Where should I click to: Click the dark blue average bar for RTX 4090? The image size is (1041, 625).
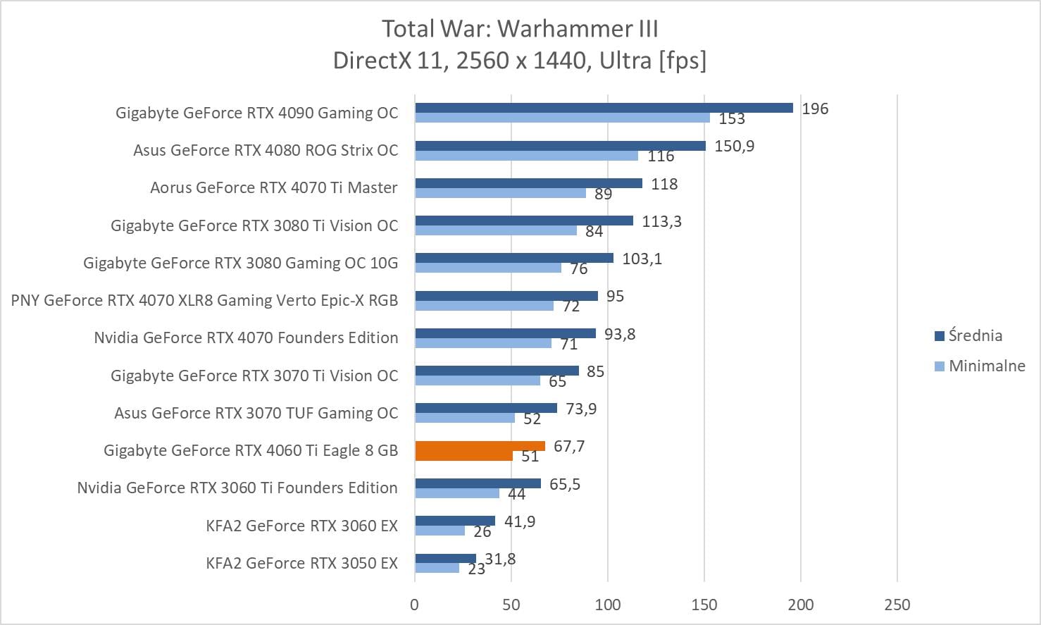click(x=604, y=108)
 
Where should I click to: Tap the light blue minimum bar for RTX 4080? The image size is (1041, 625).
click(x=526, y=156)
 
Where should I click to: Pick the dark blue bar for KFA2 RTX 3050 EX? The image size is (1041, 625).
click(x=445, y=559)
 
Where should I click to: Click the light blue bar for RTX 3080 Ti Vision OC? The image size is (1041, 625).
click(x=496, y=230)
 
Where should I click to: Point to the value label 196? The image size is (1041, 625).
click(x=815, y=109)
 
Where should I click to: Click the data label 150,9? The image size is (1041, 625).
click(x=734, y=147)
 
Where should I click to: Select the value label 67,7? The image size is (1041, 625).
click(x=569, y=447)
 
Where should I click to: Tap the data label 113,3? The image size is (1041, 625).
click(x=661, y=222)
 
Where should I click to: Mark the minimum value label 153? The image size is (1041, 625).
click(x=732, y=119)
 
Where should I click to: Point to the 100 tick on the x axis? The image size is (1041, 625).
click(x=608, y=605)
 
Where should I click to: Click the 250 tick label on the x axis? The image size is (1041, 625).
click(x=897, y=605)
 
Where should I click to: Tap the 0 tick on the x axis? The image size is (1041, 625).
click(x=414, y=605)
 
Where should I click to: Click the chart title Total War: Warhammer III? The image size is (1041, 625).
click(x=520, y=29)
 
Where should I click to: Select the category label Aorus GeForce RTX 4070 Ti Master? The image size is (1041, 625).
click(x=273, y=188)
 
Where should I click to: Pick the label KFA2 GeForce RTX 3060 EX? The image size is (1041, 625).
click(x=301, y=526)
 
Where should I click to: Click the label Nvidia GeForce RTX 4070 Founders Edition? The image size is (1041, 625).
click(x=246, y=338)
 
